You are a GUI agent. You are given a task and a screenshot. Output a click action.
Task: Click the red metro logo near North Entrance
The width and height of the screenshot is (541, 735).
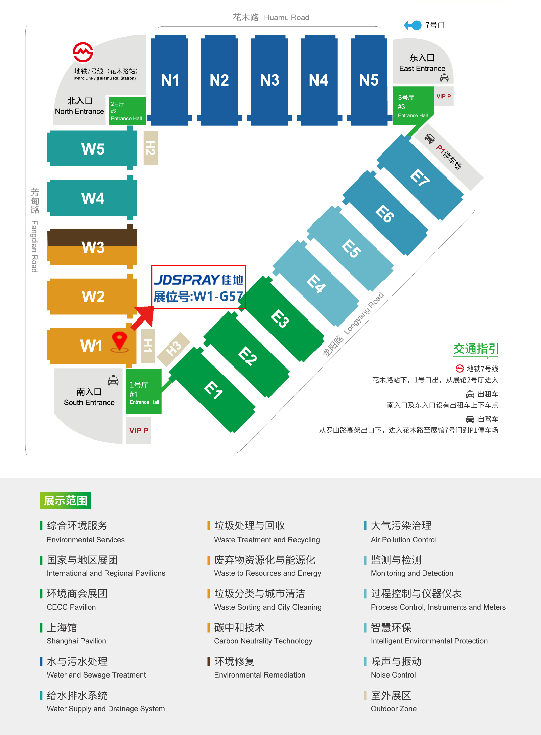pos(83,52)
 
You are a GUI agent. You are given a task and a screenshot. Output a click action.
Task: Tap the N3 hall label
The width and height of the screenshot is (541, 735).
pos(270,80)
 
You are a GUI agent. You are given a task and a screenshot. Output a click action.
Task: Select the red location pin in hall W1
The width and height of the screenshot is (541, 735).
pos(119,341)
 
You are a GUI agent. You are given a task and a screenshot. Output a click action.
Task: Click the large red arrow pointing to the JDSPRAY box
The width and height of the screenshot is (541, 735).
pos(143,317)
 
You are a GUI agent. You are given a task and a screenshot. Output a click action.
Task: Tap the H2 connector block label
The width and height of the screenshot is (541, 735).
pos(150,148)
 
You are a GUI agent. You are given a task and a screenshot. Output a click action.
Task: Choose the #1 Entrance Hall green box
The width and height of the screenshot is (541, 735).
pos(144,391)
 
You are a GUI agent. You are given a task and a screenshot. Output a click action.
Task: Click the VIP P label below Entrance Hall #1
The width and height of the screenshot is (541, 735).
pos(139,431)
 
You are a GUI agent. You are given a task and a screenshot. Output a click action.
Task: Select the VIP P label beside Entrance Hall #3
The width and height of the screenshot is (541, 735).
pos(443,96)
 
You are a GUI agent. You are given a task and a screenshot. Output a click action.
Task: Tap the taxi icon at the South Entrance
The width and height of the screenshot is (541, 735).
pos(113,380)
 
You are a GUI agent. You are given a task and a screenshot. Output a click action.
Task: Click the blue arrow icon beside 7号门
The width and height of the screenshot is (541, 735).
pos(413,25)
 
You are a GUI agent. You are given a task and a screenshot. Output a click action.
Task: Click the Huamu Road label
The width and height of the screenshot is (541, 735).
pos(286,17)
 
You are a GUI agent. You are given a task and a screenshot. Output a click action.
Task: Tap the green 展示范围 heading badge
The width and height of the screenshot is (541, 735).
pos(65,501)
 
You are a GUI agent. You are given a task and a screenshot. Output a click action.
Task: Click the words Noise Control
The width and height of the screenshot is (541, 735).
pos(393,675)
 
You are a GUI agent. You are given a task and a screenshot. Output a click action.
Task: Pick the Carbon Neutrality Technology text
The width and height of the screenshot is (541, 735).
pos(263,641)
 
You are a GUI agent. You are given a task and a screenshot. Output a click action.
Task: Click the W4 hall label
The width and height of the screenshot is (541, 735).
pos(93,198)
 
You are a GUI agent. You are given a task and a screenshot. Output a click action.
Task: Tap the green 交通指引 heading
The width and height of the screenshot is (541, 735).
pos(476,349)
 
